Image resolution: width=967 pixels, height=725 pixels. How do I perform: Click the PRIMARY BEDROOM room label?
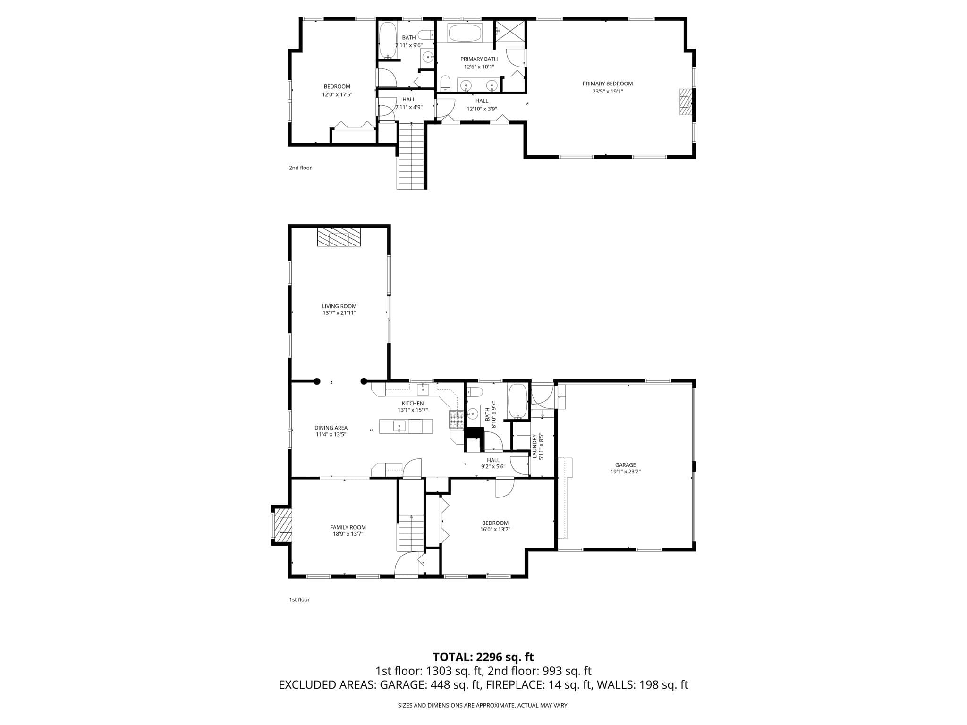607,84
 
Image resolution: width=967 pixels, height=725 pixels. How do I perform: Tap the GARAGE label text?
625,465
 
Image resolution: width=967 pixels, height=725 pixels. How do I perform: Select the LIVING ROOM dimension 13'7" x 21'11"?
339,312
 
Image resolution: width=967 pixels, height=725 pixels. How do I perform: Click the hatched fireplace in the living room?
339,237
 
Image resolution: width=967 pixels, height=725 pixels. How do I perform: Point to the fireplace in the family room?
282,525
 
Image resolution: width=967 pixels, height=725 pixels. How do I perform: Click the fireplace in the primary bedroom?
686,101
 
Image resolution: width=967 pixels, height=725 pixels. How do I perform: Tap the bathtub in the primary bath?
465,33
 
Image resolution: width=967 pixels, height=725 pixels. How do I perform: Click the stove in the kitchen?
456,420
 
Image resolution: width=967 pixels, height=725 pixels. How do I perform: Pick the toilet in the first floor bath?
474,392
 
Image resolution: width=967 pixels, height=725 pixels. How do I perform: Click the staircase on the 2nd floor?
411,156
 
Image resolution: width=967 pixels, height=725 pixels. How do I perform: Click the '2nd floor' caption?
300,168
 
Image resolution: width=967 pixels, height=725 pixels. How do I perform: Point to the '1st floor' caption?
299,599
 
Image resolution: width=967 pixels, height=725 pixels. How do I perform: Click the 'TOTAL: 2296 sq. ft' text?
483,657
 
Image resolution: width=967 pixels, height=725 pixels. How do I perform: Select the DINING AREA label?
331,428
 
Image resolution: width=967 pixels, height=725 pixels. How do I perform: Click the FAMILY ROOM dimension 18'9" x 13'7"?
348,534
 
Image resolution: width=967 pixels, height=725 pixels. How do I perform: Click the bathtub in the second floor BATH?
388,41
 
